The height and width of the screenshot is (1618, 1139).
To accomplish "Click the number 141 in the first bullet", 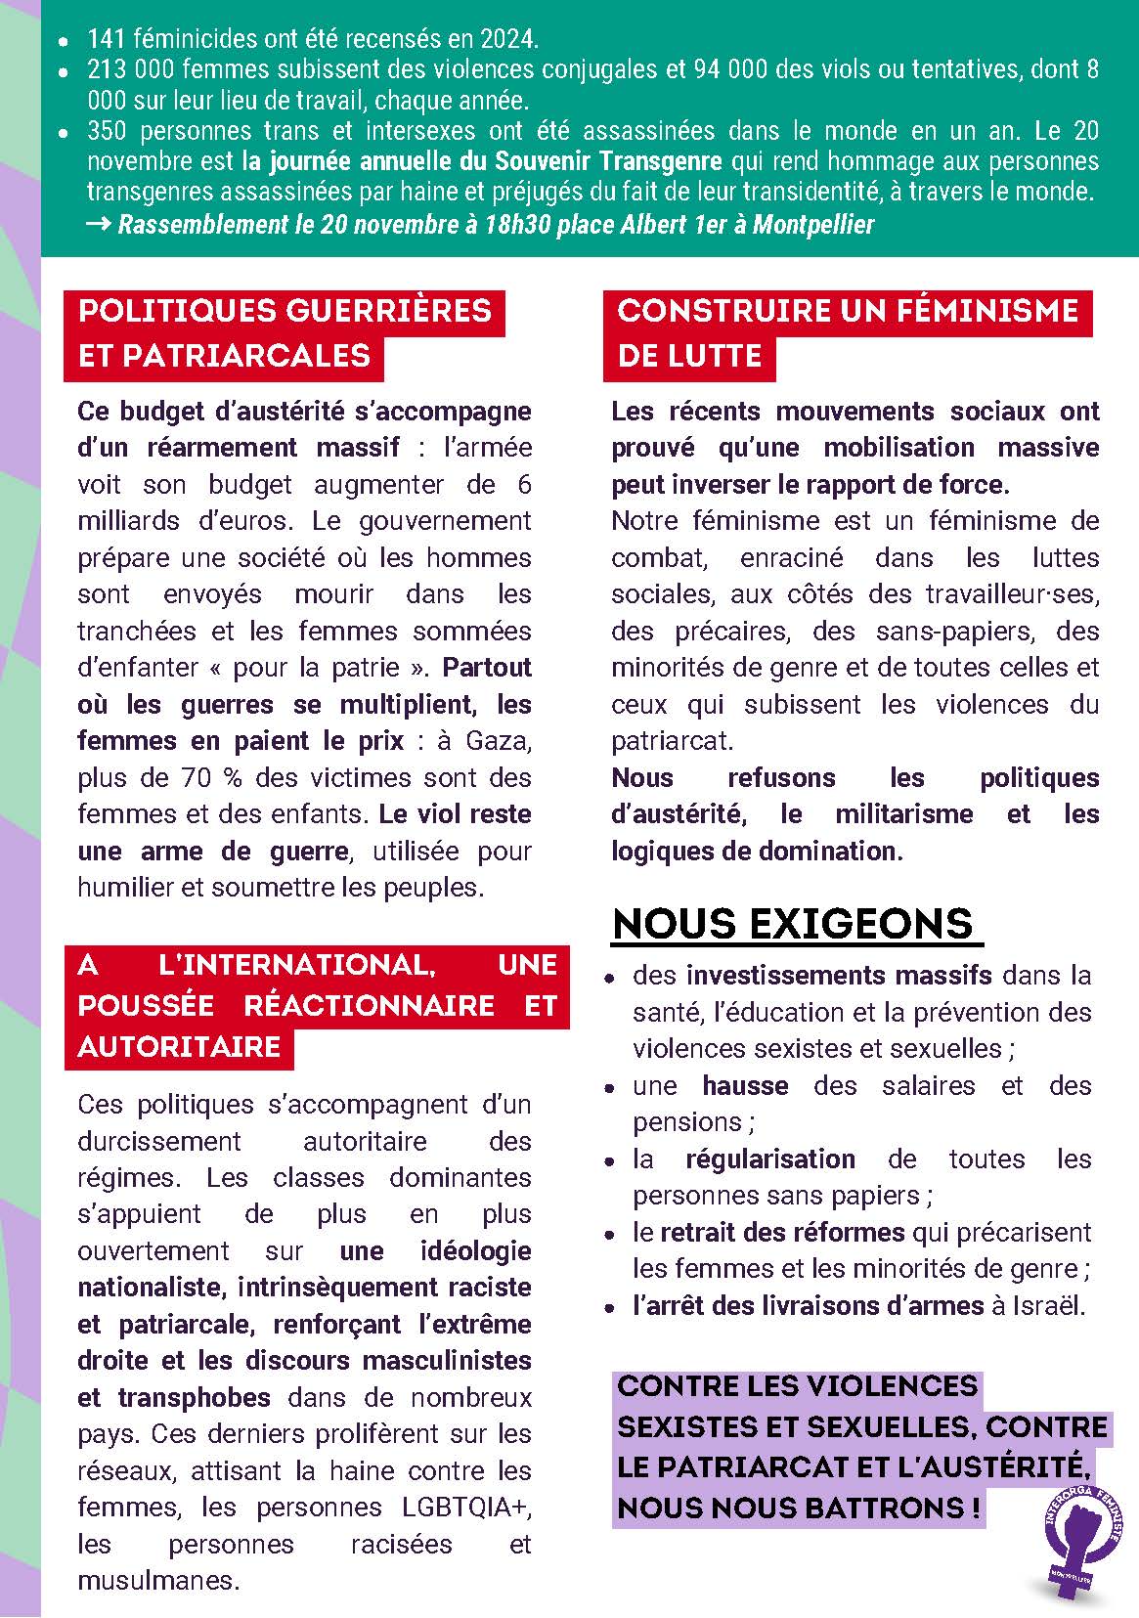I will (x=105, y=40).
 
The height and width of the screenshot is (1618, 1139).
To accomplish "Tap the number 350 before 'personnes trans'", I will (x=107, y=131).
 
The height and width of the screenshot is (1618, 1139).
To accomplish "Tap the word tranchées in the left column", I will (x=129, y=632).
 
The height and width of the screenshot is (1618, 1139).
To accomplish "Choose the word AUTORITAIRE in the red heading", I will (x=179, y=1047).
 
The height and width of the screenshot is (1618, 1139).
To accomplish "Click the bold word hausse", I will (x=745, y=1086).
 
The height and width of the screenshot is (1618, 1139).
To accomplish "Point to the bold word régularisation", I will (x=770, y=1159).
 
